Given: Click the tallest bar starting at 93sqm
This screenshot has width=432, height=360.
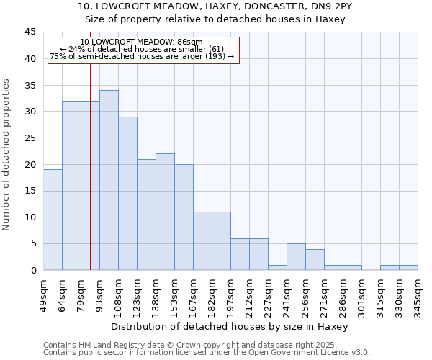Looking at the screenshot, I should point(109,180).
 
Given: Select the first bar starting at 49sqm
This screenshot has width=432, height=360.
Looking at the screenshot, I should point(53,220).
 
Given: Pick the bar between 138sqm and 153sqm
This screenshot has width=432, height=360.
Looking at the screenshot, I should point(165,212).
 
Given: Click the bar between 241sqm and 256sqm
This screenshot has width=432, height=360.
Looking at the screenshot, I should point(296,257).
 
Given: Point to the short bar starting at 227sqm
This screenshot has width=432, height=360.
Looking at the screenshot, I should point(277,267).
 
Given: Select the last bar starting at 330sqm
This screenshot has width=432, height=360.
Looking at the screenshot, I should point(408,267).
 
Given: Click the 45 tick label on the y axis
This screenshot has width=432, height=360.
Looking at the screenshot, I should point(30,32).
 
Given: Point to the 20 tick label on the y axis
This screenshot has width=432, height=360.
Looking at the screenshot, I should point(30,165).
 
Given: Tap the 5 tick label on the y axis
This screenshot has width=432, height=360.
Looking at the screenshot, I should point(32,244).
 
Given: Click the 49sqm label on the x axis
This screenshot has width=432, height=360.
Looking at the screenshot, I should point(43,293).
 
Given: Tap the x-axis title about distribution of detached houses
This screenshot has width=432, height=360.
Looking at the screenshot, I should point(230,326).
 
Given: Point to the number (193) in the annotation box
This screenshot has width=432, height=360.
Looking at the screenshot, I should point(214,56).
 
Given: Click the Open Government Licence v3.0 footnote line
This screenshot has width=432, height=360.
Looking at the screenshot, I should point(207,353).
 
